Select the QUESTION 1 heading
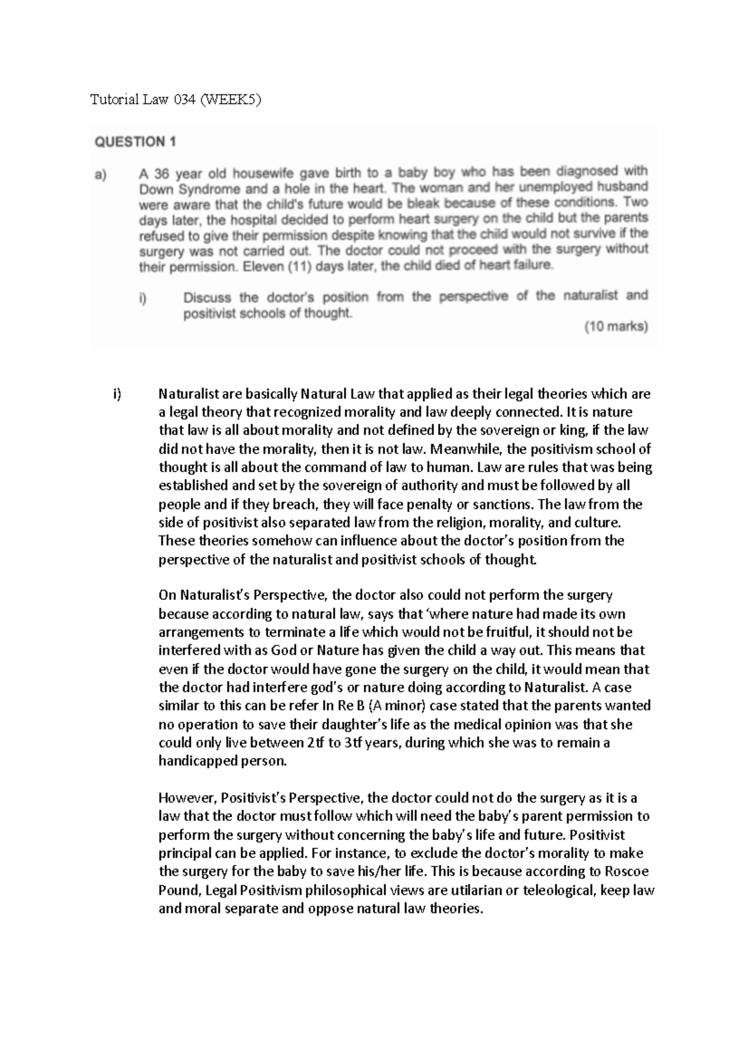[x=135, y=142]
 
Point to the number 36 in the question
[x=162, y=173]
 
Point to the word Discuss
[x=207, y=298]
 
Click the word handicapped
[x=197, y=761]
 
